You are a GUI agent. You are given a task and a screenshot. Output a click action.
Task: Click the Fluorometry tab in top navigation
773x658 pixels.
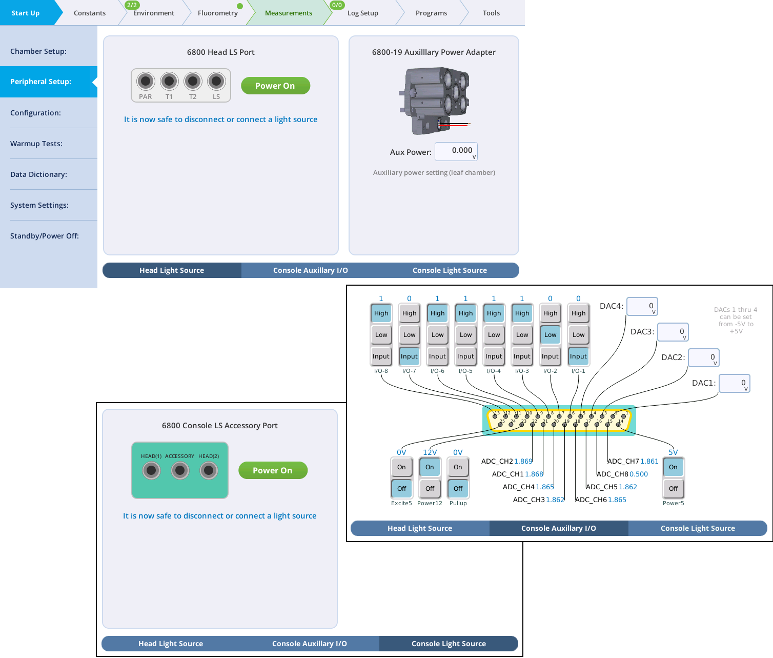217,13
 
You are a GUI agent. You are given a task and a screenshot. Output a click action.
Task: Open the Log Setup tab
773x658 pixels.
362,13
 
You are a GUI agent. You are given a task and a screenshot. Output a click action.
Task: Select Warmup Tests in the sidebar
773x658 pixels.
36,144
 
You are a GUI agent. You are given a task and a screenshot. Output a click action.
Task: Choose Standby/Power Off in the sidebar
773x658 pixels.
45,236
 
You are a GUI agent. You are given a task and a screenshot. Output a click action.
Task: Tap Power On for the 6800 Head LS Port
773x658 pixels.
275,86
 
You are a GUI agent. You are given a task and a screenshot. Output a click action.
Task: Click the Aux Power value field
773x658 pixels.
456,151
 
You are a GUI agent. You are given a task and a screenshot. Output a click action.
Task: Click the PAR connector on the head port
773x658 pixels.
146,81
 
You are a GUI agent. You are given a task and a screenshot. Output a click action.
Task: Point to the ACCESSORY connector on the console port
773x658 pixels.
180,470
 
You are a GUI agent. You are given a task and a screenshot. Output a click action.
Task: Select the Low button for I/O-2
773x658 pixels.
550,335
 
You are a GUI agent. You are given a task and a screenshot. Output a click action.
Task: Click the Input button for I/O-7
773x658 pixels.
409,356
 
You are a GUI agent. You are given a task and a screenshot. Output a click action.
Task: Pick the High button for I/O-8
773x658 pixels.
381,313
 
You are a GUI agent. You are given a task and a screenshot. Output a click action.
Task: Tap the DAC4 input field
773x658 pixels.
642,307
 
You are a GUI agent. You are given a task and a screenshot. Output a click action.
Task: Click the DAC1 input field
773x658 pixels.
734,383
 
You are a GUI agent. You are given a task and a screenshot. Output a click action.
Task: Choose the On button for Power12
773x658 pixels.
430,467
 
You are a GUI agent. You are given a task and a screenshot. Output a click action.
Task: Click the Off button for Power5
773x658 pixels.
673,489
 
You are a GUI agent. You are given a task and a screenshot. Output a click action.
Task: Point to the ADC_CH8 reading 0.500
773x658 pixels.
639,474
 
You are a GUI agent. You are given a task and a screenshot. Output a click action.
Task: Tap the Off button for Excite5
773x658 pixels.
401,489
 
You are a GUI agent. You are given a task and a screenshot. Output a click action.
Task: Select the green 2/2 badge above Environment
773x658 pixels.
132,5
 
